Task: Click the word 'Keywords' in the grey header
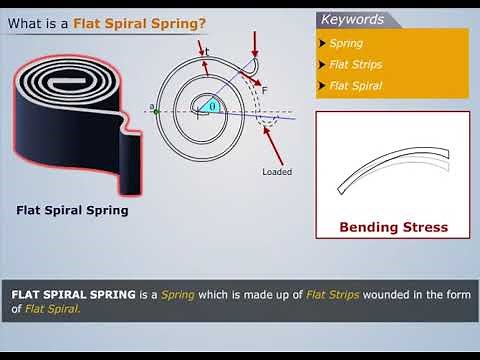pyautogui.click(x=352, y=19)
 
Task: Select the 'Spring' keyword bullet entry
pyautogui.click(x=346, y=44)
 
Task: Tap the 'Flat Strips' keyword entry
pyautogui.click(x=355, y=65)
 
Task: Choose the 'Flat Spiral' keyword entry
pyautogui.click(x=355, y=85)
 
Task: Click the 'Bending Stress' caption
pyautogui.click(x=393, y=227)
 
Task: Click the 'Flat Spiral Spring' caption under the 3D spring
pyautogui.click(x=72, y=211)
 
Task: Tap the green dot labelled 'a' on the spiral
pyautogui.click(x=157, y=111)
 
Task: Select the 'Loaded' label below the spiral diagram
pyautogui.click(x=277, y=171)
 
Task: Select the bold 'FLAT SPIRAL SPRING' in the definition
pyautogui.click(x=73, y=295)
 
